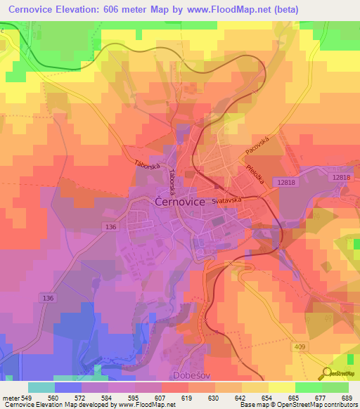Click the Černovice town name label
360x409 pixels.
pos(179,201)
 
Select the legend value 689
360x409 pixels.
pos(346,398)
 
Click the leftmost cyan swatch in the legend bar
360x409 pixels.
pos(41,387)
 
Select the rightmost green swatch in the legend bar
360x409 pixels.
pos(335,387)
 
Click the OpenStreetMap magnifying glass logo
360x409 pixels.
pos(326,375)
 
